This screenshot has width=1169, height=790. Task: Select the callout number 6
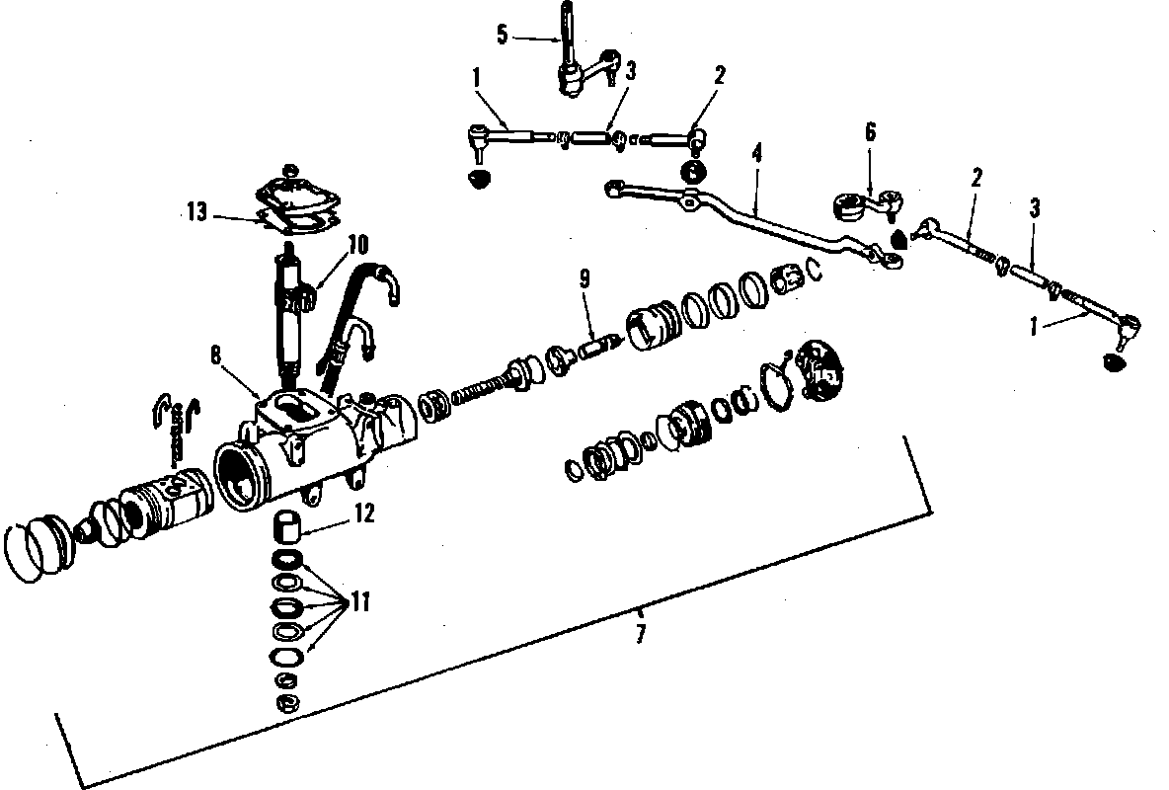click(871, 133)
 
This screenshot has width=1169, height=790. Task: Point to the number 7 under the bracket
click(640, 633)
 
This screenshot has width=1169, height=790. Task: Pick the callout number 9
click(585, 278)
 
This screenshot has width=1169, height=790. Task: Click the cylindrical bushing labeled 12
click(286, 524)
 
